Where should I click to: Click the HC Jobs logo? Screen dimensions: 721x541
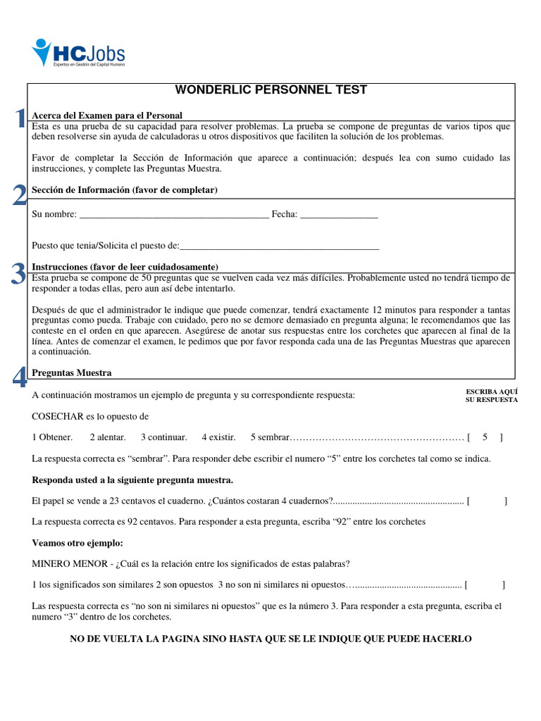[78, 53]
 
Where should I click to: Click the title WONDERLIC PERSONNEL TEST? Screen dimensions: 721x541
[270, 90]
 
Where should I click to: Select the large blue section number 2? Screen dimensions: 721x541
[20, 195]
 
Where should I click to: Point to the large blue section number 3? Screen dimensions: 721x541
[19, 273]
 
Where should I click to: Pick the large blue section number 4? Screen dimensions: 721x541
[20, 378]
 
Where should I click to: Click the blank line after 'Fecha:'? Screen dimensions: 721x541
[339, 215]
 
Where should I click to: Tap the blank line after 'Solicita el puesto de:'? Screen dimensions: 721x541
[280, 246]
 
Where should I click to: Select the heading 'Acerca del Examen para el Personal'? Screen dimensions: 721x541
[107, 115]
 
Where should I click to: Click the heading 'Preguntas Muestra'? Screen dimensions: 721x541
[72, 372]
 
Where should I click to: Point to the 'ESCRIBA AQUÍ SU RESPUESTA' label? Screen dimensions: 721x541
[492, 395]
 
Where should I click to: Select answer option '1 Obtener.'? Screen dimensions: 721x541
[52, 437]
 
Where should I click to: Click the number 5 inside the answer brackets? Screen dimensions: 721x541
[485, 437]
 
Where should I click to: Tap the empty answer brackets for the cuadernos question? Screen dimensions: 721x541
[487, 501]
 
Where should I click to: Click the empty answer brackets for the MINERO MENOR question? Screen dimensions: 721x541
[485, 584]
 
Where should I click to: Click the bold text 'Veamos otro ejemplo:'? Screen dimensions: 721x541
[77, 543]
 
